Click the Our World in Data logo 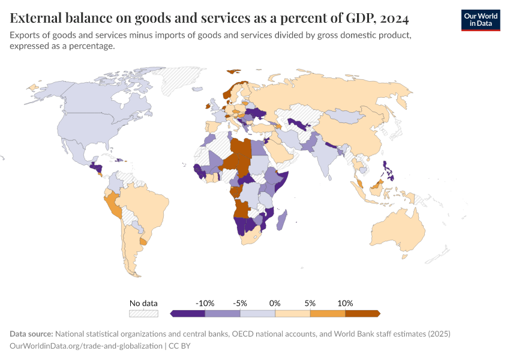(480, 20)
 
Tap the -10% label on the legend (205, 303)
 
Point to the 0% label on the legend (275, 303)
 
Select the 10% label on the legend (345, 303)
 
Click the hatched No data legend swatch (143, 313)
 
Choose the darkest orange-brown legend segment (362, 313)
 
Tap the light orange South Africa (253, 238)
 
